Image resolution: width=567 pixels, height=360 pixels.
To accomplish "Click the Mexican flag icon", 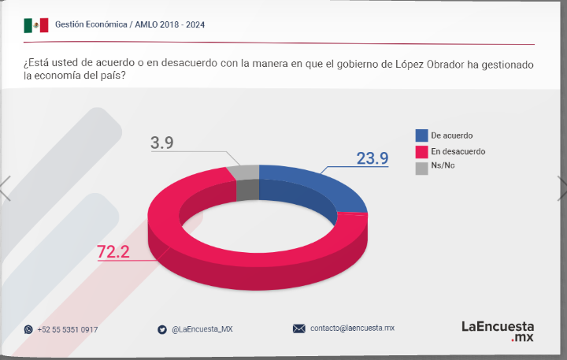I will (x=35, y=25).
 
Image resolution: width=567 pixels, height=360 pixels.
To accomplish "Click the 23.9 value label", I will (x=372, y=158).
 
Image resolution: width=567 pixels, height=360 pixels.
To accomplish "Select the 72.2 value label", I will (x=113, y=252).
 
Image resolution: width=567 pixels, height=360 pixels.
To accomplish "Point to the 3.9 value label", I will (x=161, y=143).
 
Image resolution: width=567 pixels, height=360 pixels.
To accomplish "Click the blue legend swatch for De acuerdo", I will (x=421, y=135).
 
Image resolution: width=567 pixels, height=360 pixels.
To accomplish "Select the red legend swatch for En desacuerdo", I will (x=421, y=151).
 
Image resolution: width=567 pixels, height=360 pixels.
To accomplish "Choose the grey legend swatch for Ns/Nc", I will (x=421, y=167).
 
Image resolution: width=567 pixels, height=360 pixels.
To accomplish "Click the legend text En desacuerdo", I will (x=458, y=151).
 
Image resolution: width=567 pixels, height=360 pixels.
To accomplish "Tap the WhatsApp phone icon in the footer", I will (x=28, y=329).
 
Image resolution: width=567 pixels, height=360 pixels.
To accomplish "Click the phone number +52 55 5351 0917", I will (x=68, y=329).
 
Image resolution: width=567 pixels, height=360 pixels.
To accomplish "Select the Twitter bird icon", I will (x=162, y=329).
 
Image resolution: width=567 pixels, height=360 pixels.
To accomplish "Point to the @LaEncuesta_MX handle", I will (x=202, y=329).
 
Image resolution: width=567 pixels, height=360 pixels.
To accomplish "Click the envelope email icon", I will (x=299, y=328).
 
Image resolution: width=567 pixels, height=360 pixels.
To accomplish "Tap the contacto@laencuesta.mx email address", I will (x=352, y=328).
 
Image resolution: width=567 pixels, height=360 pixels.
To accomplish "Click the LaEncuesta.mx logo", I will (x=497, y=329).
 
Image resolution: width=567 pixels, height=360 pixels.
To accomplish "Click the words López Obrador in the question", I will (x=428, y=64).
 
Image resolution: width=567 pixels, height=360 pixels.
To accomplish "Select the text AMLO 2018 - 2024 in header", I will (x=170, y=24).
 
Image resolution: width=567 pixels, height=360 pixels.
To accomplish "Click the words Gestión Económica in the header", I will (x=91, y=24).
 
